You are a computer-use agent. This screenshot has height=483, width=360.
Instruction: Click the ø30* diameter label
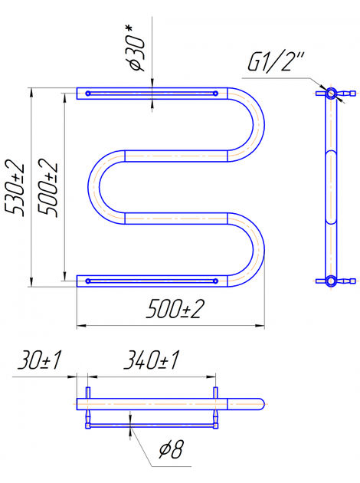click(x=136, y=48)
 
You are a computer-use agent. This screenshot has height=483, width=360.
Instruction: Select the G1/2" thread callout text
click(x=276, y=62)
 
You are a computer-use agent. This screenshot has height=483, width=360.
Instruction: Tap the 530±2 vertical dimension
click(x=15, y=188)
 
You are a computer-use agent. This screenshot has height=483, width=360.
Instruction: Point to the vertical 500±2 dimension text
click(x=47, y=188)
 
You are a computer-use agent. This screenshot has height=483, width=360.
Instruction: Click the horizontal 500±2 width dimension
click(x=175, y=309)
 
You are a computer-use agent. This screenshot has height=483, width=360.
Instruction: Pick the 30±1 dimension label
click(x=39, y=360)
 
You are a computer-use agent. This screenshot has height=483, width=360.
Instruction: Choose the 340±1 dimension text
click(x=151, y=360)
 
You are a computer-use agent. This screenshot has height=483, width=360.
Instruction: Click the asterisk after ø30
click(x=129, y=30)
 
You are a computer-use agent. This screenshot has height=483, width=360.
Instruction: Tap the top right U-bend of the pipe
click(x=258, y=124)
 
